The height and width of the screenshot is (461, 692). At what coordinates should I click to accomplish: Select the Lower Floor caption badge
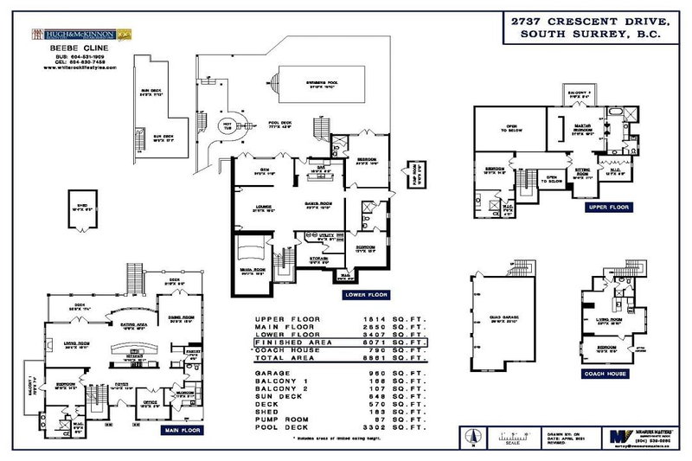coord(366,294)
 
